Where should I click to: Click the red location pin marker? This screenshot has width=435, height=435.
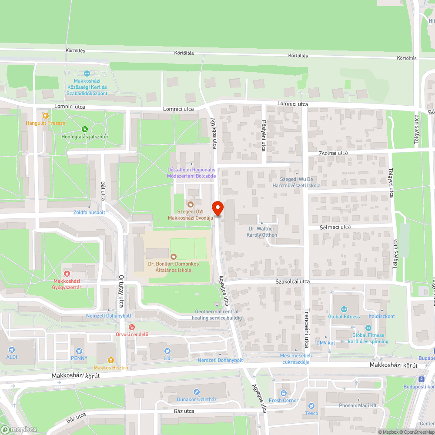point(217,208)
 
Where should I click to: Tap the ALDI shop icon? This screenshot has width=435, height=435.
point(12,349)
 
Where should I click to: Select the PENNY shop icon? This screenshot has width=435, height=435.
point(79,351)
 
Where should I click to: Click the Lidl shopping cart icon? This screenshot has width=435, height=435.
point(167,351)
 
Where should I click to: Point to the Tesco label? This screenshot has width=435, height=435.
point(311,413)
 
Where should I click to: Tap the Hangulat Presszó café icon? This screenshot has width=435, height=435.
point(45,115)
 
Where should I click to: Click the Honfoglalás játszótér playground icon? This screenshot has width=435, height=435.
point(85,129)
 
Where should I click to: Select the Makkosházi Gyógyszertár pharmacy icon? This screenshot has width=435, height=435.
point(67,273)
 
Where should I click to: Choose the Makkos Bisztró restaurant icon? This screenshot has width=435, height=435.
point(110,360)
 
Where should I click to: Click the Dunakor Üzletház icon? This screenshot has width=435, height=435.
point(197,392)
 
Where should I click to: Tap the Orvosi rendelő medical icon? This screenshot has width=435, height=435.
point(132,327)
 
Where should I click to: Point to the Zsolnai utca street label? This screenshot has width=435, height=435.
point(333,153)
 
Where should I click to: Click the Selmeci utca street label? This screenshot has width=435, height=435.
point(335,227)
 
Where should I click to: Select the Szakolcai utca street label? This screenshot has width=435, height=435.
point(292,281)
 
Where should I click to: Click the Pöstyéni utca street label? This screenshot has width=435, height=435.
point(264,136)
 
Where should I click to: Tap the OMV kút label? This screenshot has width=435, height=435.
point(325,343)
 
